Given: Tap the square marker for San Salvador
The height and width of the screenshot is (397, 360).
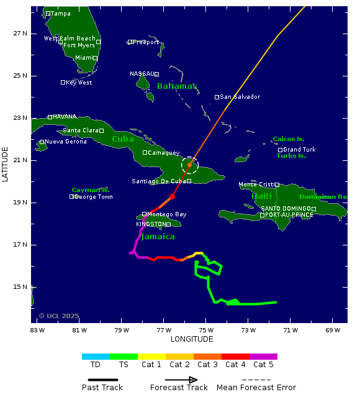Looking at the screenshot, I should pos(217,97).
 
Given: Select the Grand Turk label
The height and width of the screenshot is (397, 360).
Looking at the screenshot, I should pos(299,150).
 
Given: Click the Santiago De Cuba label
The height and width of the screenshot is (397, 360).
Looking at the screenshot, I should pos(158,181).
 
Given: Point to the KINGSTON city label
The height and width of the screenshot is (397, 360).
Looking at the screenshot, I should pos(151,224).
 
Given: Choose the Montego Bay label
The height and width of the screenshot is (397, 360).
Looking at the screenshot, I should pos(166,214).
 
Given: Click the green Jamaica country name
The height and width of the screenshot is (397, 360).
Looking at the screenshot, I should pos(158,237).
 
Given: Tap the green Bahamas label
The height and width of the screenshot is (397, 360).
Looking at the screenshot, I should pos(176,86).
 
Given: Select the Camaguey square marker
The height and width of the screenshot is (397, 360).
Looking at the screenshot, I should pos(145,152).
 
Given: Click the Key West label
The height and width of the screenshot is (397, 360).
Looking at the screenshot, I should pos(79,82).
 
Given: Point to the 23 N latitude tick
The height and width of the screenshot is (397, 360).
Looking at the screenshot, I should pos(20,118).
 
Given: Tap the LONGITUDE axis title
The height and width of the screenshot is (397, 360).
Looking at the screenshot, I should pos(192,339).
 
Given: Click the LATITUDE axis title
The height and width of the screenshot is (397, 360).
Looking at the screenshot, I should pos(6,164).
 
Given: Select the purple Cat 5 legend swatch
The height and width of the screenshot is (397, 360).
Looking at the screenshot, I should pos(263,357).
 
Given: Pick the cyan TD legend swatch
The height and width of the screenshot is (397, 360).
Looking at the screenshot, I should pos(96,357).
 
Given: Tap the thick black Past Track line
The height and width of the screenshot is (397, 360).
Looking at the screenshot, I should pos(102,380).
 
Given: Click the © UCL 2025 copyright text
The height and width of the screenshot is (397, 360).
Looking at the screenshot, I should pos(59,316).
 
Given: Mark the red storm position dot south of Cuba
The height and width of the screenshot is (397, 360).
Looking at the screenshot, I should pos(172,196).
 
